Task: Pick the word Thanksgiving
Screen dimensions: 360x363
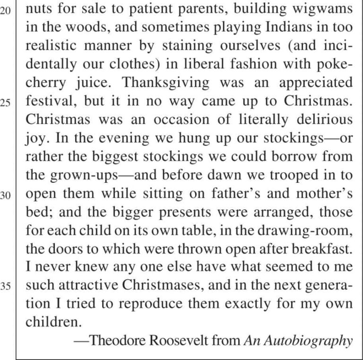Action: pyautogui.click(x=165, y=82)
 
